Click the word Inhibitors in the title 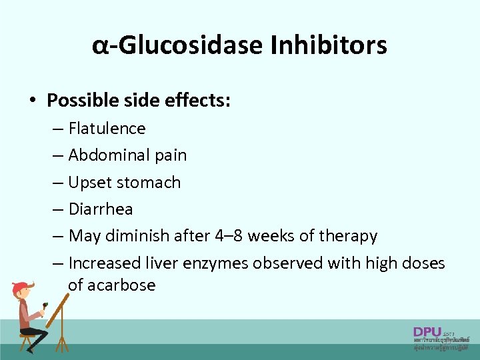329,46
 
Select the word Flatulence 107,128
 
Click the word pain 171,155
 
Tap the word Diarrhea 101,209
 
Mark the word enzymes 219,263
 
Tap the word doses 423,263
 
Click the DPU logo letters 427,331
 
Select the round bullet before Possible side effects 31,101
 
